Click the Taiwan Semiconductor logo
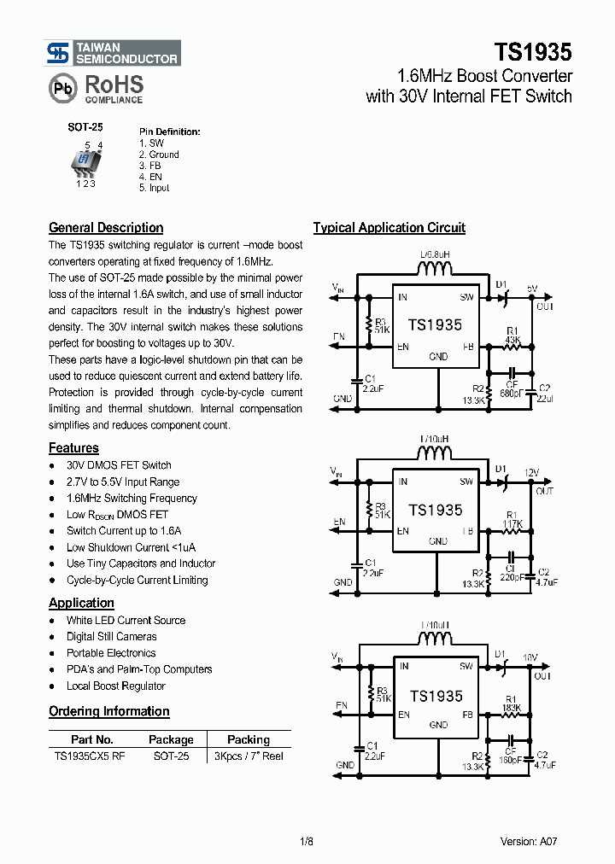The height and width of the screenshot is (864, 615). [113, 53]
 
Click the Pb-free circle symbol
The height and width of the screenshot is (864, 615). [61, 89]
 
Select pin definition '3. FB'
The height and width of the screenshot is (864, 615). [149, 166]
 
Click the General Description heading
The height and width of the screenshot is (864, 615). [106, 228]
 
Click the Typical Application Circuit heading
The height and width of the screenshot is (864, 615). [389, 228]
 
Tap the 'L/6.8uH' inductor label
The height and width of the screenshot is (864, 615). [435, 255]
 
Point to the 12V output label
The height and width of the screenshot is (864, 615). [531, 472]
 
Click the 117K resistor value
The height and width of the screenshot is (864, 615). [513, 524]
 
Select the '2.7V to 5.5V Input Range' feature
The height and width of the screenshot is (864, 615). [123, 482]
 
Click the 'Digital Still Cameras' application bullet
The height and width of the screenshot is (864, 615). [111, 637]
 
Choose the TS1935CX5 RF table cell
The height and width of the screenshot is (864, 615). [90, 756]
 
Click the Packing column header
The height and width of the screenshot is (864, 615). [248, 739]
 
